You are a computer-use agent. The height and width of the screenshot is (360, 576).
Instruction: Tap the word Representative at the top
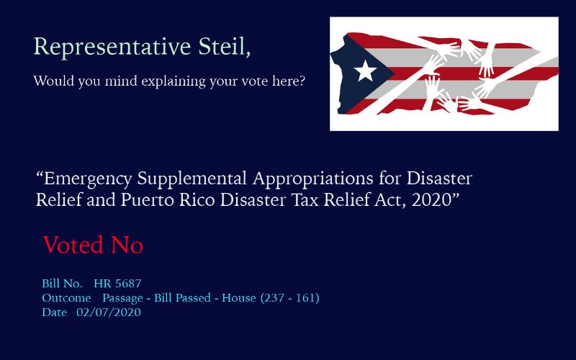(x=112, y=48)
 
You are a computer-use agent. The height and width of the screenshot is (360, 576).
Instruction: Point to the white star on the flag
(x=365, y=71)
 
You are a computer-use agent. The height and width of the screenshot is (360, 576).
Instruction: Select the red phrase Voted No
(x=93, y=245)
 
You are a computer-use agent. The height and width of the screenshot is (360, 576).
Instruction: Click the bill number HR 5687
(x=117, y=284)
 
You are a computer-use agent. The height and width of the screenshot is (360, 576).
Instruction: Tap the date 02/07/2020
(x=109, y=312)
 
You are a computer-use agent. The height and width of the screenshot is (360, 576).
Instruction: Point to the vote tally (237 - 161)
(x=290, y=297)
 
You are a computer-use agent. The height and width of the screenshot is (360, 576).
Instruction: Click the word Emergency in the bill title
(x=88, y=179)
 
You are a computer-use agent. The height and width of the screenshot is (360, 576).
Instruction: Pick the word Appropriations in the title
(x=312, y=179)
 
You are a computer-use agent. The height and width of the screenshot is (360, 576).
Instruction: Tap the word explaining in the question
(x=174, y=81)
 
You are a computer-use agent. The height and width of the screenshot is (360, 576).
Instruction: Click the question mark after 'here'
(x=302, y=81)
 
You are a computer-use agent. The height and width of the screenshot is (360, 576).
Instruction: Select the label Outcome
(x=66, y=298)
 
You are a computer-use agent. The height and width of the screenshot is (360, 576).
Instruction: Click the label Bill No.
(x=62, y=284)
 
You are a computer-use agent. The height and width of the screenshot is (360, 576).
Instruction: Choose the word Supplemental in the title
(x=192, y=179)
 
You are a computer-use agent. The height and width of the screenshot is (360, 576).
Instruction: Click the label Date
(x=55, y=312)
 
